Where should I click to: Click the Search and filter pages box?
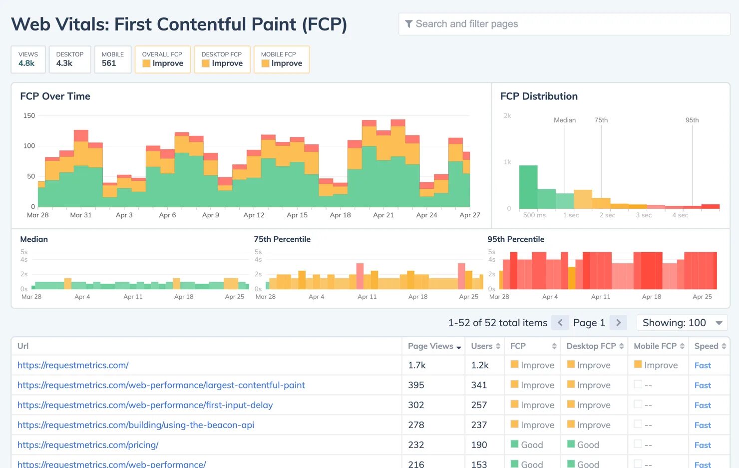click(x=564, y=24)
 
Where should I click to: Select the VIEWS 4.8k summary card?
click(x=28, y=59)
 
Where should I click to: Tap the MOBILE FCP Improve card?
click(x=282, y=59)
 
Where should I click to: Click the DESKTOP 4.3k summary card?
click(x=70, y=59)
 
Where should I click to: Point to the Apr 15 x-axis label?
click(x=297, y=215)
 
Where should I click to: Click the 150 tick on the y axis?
click(x=29, y=116)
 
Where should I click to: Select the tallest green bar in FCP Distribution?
click(x=528, y=187)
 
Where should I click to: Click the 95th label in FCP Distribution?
click(x=692, y=120)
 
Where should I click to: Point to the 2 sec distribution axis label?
click(x=607, y=215)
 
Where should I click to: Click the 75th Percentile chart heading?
click(x=282, y=239)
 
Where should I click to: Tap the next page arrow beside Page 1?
click(x=618, y=323)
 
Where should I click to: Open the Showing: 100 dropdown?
click(x=682, y=323)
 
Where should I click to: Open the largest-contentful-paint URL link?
click(x=161, y=385)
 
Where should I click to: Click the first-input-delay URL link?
click(x=145, y=405)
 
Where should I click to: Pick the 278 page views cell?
click(x=416, y=425)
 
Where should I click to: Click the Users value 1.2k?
click(x=480, y=365)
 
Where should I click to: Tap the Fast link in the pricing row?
click(x=703, y=445)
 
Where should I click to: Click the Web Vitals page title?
click(x=179, y=24)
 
